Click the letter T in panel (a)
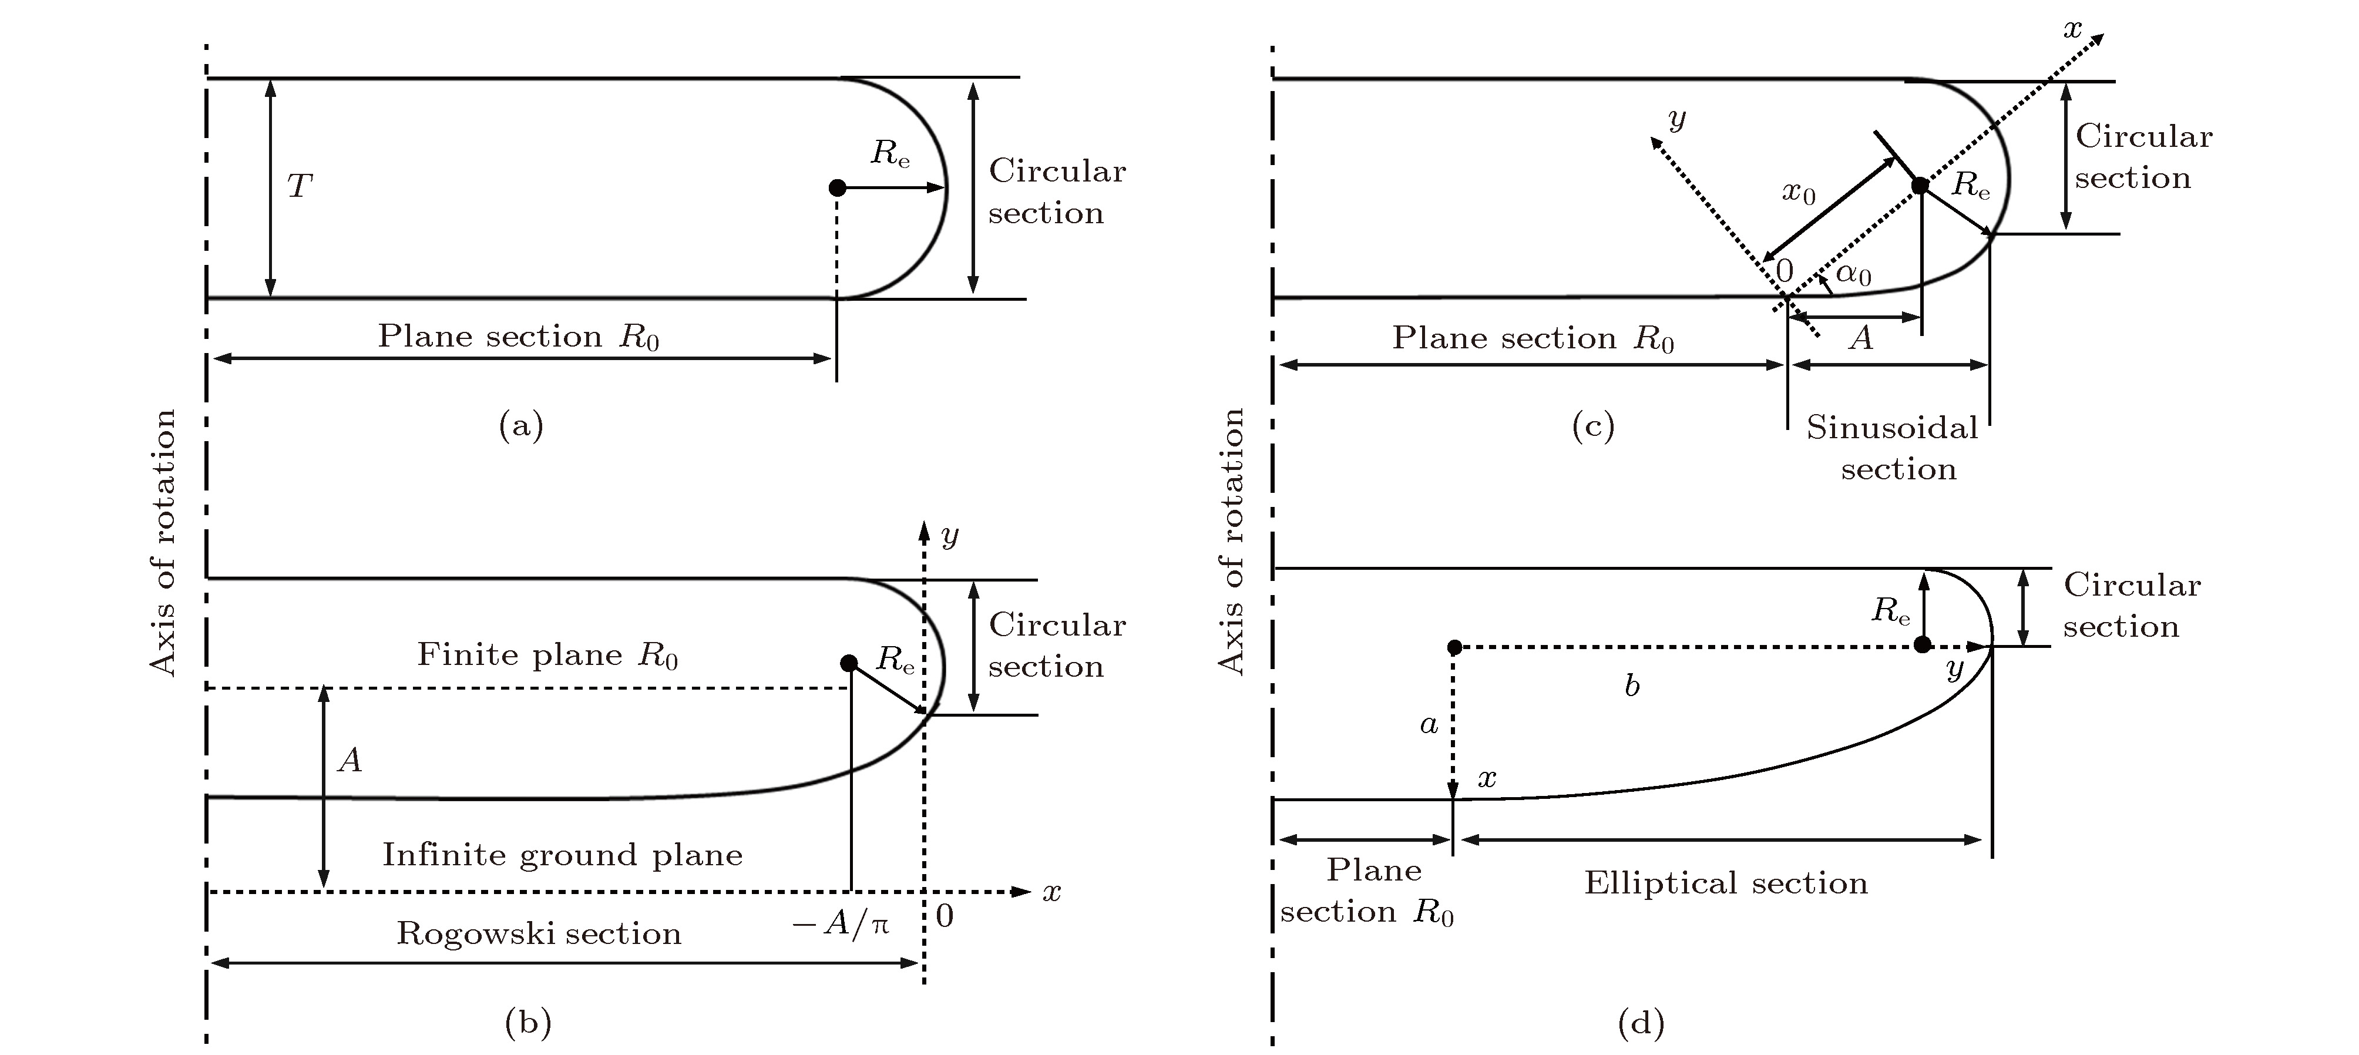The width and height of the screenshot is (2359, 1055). (300, 187)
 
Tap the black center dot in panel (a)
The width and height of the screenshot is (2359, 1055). (836, 188)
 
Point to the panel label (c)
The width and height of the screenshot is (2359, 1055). (1592, 426)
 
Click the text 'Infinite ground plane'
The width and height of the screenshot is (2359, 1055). (562, 855)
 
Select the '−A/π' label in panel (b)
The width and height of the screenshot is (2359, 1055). (841, 924)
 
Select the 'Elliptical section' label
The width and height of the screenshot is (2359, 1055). (1725, 883)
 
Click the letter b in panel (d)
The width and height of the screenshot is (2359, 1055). (1631, 686)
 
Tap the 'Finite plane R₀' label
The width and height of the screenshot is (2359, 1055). (547, 655)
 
